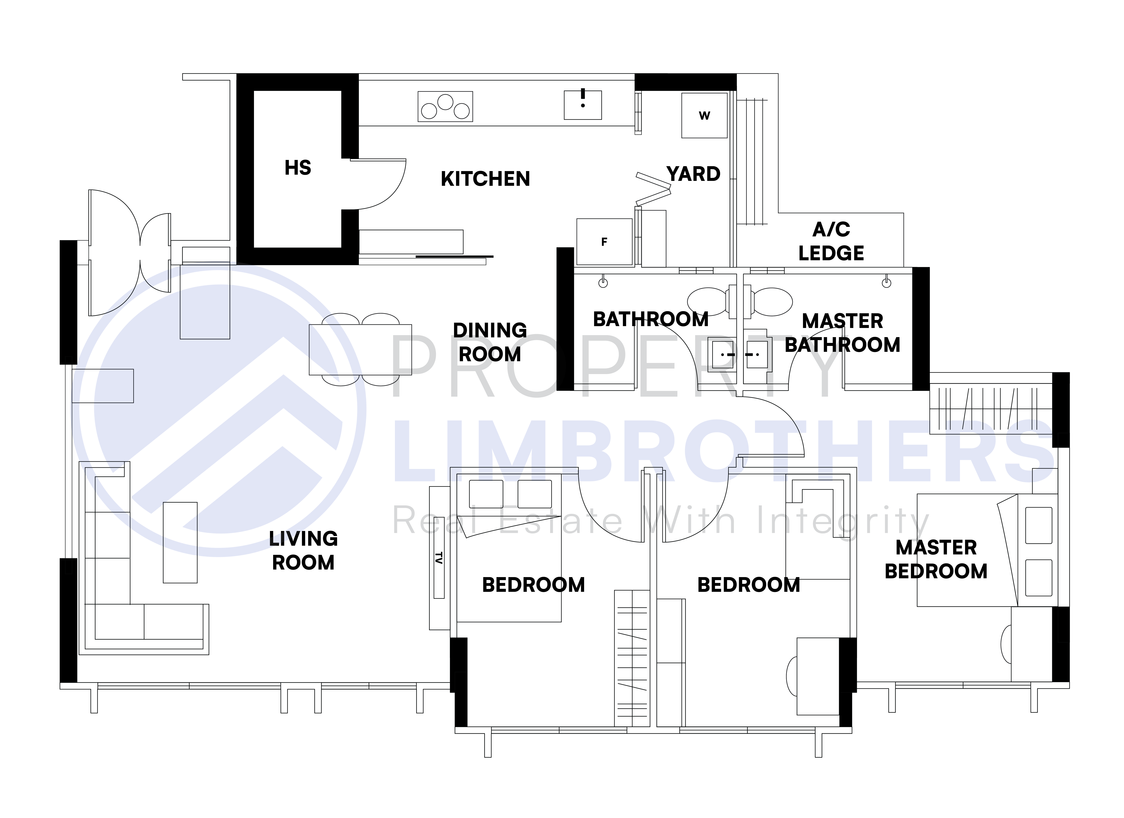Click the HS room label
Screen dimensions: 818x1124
click(x=298, y=168)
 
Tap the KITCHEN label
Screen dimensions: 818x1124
click(x=485, y=179)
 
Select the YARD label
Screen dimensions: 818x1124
click(x=693, y=174)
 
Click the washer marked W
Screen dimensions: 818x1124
click(x=704, y=115)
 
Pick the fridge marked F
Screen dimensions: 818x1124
click(x=604, y=242)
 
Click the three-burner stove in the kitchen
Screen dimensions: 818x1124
click(x=445, y=106)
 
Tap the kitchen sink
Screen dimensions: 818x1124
click(x=583, y=105)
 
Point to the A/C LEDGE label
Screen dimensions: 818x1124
click(x=831, y=241)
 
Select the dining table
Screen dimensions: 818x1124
click(x=360, y=350)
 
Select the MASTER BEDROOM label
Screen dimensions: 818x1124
click(x=936, y=559)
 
